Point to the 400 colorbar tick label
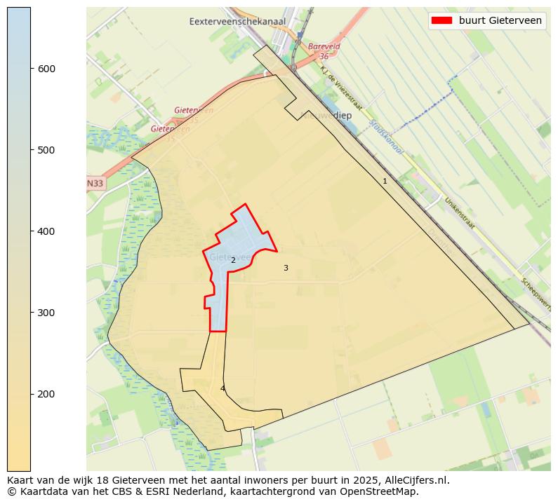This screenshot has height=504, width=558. (x=46, y=231)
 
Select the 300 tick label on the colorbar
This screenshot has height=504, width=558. (x=46, y=313)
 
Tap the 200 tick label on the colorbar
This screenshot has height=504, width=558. (x=46, y=394)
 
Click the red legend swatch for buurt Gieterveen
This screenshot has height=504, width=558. (x=442, y=20)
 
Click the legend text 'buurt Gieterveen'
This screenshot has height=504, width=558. (x=500, y=20)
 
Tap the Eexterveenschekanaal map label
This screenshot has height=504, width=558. (x=237, y=22)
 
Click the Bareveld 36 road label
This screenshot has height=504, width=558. (x=322, y=51)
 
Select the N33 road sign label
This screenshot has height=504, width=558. (x=95, y=184)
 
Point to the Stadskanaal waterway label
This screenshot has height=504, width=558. (x=385, y=137)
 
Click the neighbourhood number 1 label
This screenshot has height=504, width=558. (x=385, y=181)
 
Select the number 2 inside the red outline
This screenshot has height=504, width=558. (x=233, y=260)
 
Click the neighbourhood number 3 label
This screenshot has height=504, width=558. (x=286, y=268)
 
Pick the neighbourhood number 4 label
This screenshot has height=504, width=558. (x=222, y=388)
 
